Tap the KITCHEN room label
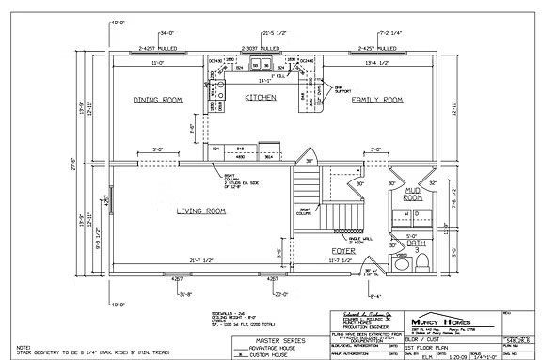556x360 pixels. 260,97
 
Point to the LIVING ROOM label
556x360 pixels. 201,211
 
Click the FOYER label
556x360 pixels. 342,250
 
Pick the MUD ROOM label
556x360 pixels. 412,195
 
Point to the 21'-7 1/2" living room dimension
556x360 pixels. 204,259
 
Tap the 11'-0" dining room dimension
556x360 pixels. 158,62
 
